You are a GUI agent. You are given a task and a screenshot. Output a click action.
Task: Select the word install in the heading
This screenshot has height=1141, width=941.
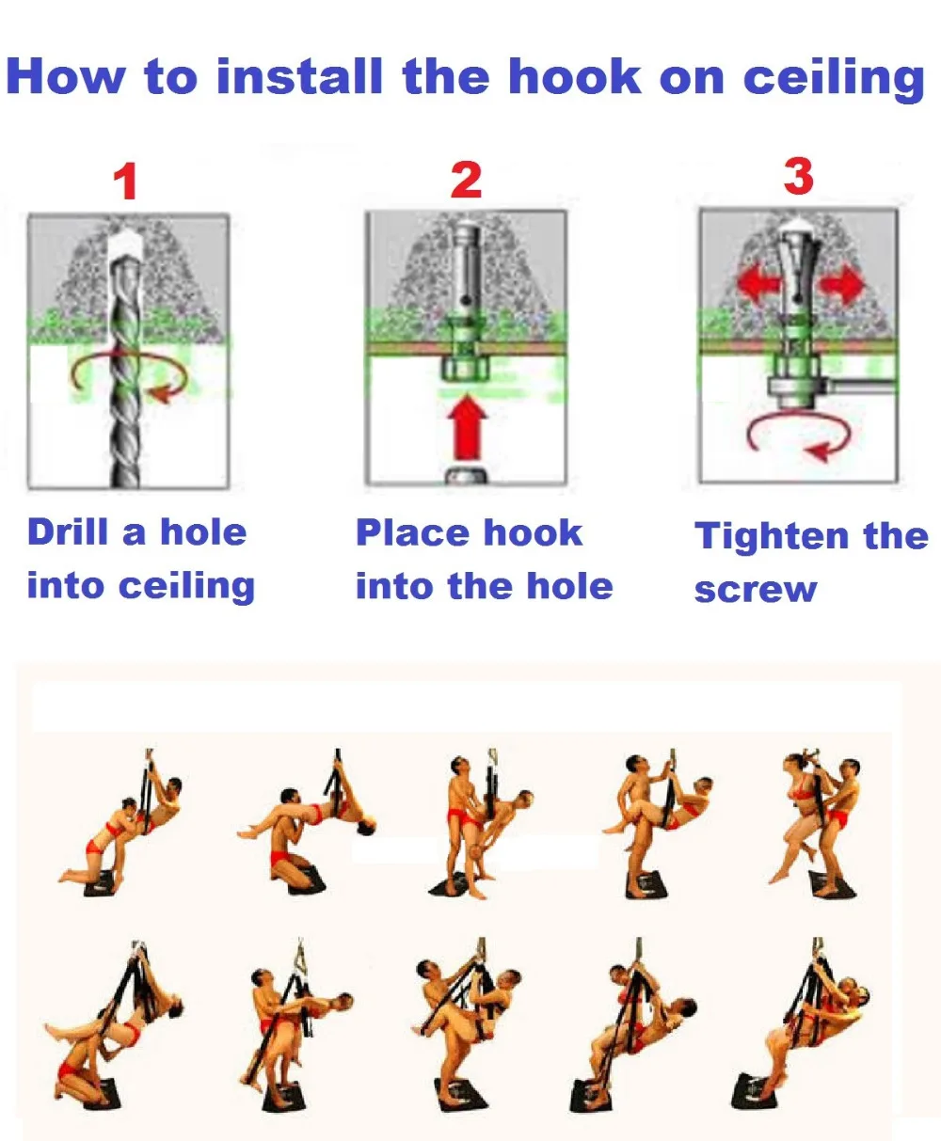[299, 76]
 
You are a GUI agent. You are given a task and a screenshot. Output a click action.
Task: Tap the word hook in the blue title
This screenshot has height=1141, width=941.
[575, 76]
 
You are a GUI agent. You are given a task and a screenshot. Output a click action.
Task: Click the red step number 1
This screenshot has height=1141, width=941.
[126, 182]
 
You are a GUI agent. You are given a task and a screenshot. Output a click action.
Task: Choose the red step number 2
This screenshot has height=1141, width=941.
[466, 180]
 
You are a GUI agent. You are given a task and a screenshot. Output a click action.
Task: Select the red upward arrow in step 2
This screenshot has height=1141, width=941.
[468, 427]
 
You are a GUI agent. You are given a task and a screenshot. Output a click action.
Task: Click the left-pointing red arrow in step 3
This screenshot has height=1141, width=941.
[758, 283]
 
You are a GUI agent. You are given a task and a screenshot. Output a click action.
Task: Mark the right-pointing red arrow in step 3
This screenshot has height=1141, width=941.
[843, 283]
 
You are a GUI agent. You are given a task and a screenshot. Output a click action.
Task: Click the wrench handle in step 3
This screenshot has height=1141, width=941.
[864, 387]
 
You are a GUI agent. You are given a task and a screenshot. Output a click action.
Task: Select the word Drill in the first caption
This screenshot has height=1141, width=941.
[68, 531]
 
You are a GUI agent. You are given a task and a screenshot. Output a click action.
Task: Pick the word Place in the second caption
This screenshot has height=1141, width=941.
[412, 532]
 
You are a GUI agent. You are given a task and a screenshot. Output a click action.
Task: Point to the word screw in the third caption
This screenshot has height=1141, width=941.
[755, 590]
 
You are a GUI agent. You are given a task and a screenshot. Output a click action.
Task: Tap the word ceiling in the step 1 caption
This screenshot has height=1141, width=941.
[186, 587]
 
